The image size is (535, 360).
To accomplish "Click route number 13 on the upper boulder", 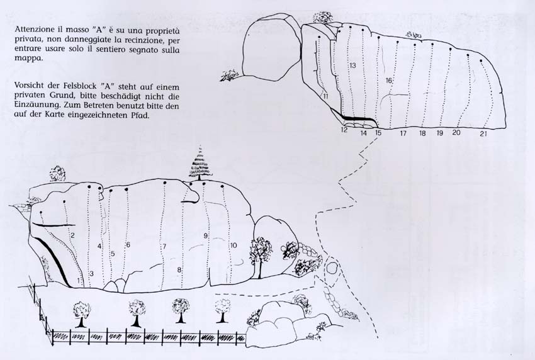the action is [353, 65].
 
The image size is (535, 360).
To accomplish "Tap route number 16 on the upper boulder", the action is [389, 81].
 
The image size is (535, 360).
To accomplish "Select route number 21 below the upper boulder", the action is [483, 134].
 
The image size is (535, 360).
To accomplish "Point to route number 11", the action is [325, 96].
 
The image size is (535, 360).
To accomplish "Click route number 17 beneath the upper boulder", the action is [403, 133].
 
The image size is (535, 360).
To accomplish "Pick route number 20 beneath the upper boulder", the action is [456, 132].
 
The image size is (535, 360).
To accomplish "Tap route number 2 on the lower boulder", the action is [72, 235].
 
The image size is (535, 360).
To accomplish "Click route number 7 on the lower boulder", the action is [164, 246].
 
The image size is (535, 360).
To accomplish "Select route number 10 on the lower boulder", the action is [234, 245].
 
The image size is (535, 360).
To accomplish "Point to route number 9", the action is [205, 235].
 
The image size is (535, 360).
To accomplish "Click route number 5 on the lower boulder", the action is [113, 254].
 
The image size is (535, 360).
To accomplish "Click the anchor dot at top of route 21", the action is [481, 61].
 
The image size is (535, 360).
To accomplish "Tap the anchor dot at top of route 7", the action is [165, 183].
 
